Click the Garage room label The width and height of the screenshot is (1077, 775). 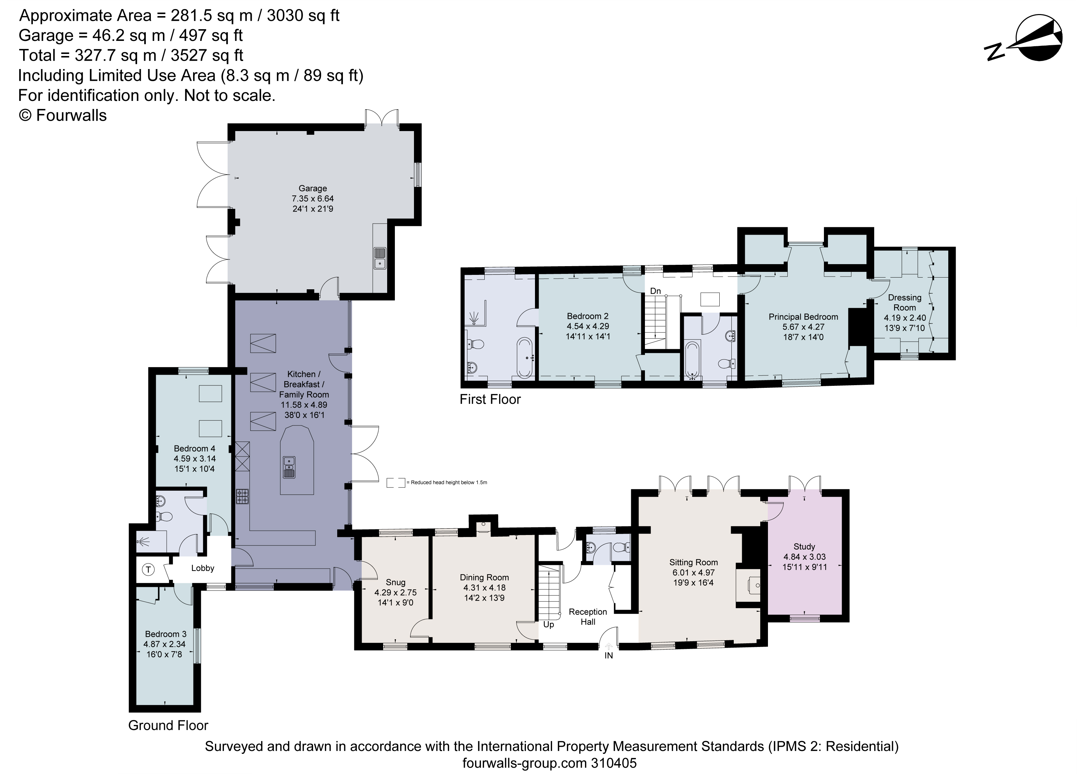tap(312, 188)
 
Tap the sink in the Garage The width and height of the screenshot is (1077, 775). tap(379, 258)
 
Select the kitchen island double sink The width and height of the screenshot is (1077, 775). tap(289, 467)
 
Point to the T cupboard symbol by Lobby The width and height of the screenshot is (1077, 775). tap(148, 570)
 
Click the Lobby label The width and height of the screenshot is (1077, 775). tap(203, 568)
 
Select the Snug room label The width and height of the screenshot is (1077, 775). tap(396, 582)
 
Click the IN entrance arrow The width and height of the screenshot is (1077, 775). tap(608, 652)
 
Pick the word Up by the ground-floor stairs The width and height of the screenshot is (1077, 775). tap(548, 624)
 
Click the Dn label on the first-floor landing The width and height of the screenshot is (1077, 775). tap(655, 291)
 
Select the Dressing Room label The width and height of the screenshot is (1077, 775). tap(905, 302)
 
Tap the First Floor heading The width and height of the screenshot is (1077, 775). tap(490, 399)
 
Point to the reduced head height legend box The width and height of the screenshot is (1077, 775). tap(395, 482)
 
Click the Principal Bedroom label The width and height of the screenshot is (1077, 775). tap(803, 317)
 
